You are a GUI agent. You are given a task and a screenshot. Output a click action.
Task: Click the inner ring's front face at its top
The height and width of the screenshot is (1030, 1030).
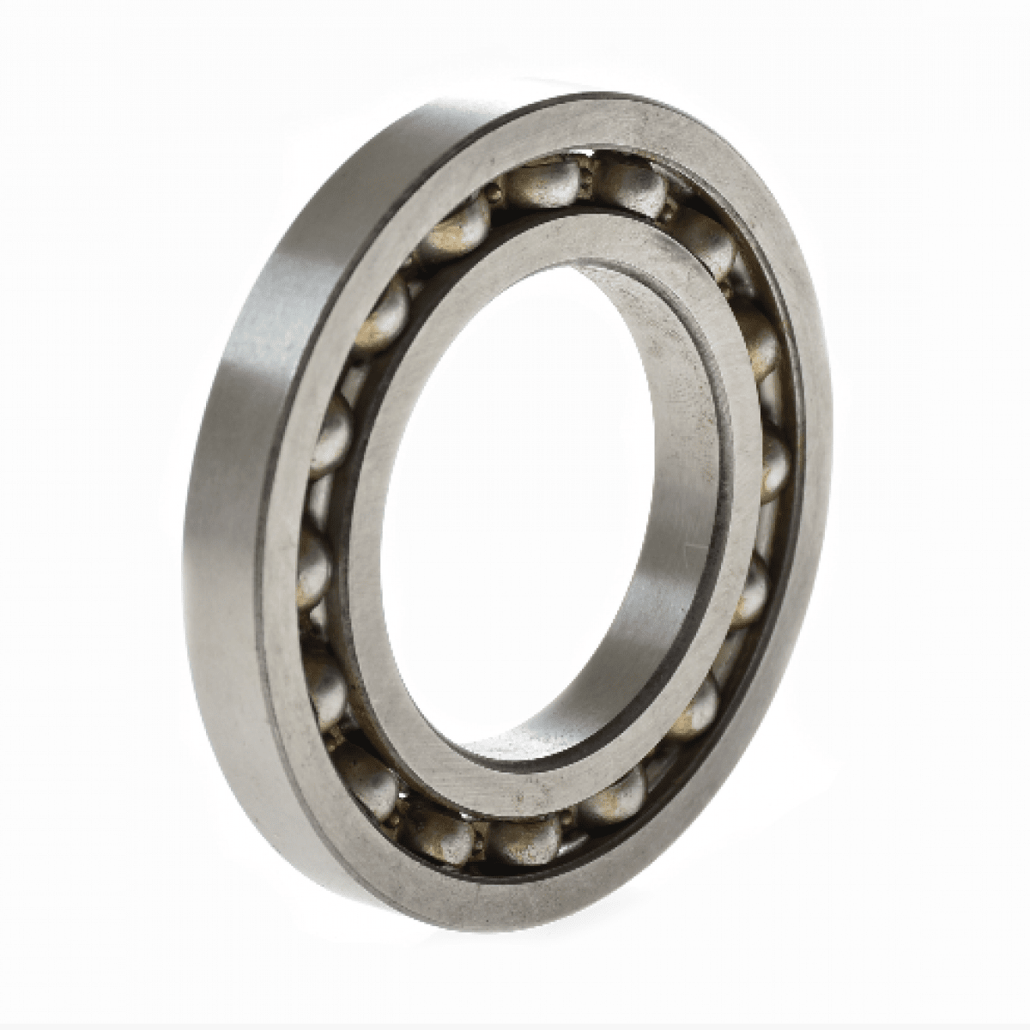584,240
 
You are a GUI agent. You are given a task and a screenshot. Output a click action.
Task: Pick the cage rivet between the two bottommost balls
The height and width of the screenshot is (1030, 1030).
477,837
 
